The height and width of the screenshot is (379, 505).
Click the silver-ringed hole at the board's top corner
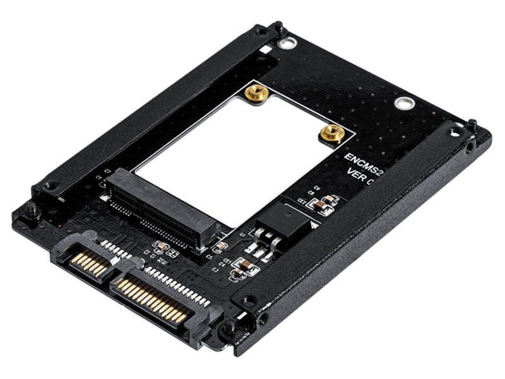[x=287, y=44]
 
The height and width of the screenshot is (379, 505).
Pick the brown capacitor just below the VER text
[x=321, y=203]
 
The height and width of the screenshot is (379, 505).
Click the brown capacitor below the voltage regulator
[x=242, y=268]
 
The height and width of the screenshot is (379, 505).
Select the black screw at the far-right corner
[x=472, y=124]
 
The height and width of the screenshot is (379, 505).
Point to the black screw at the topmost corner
[x=278, y=28]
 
